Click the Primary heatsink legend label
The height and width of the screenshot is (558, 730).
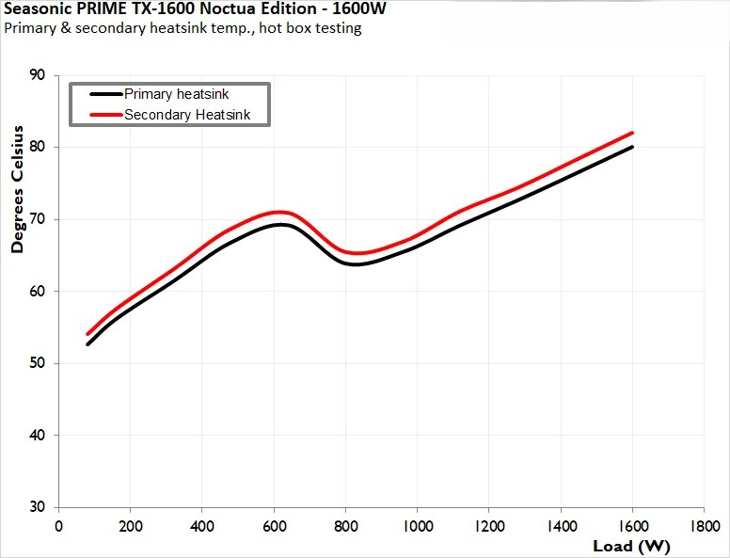(x=176, y=94)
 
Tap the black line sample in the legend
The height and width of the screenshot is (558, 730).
(x=106, y=94)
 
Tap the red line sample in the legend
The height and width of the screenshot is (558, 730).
(x=106, y=115)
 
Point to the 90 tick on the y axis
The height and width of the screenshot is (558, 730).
(x=40, y=75)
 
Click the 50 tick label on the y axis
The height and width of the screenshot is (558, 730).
(x=40, y=363)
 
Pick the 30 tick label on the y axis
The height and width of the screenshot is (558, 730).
(x=40, y=507)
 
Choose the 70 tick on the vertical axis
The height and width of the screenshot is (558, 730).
(x=40, y=219)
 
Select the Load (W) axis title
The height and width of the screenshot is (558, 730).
(x=630, y=545)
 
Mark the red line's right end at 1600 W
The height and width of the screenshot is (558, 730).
(x=632, y=133)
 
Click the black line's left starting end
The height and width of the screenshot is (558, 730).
(x=87, y=344)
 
